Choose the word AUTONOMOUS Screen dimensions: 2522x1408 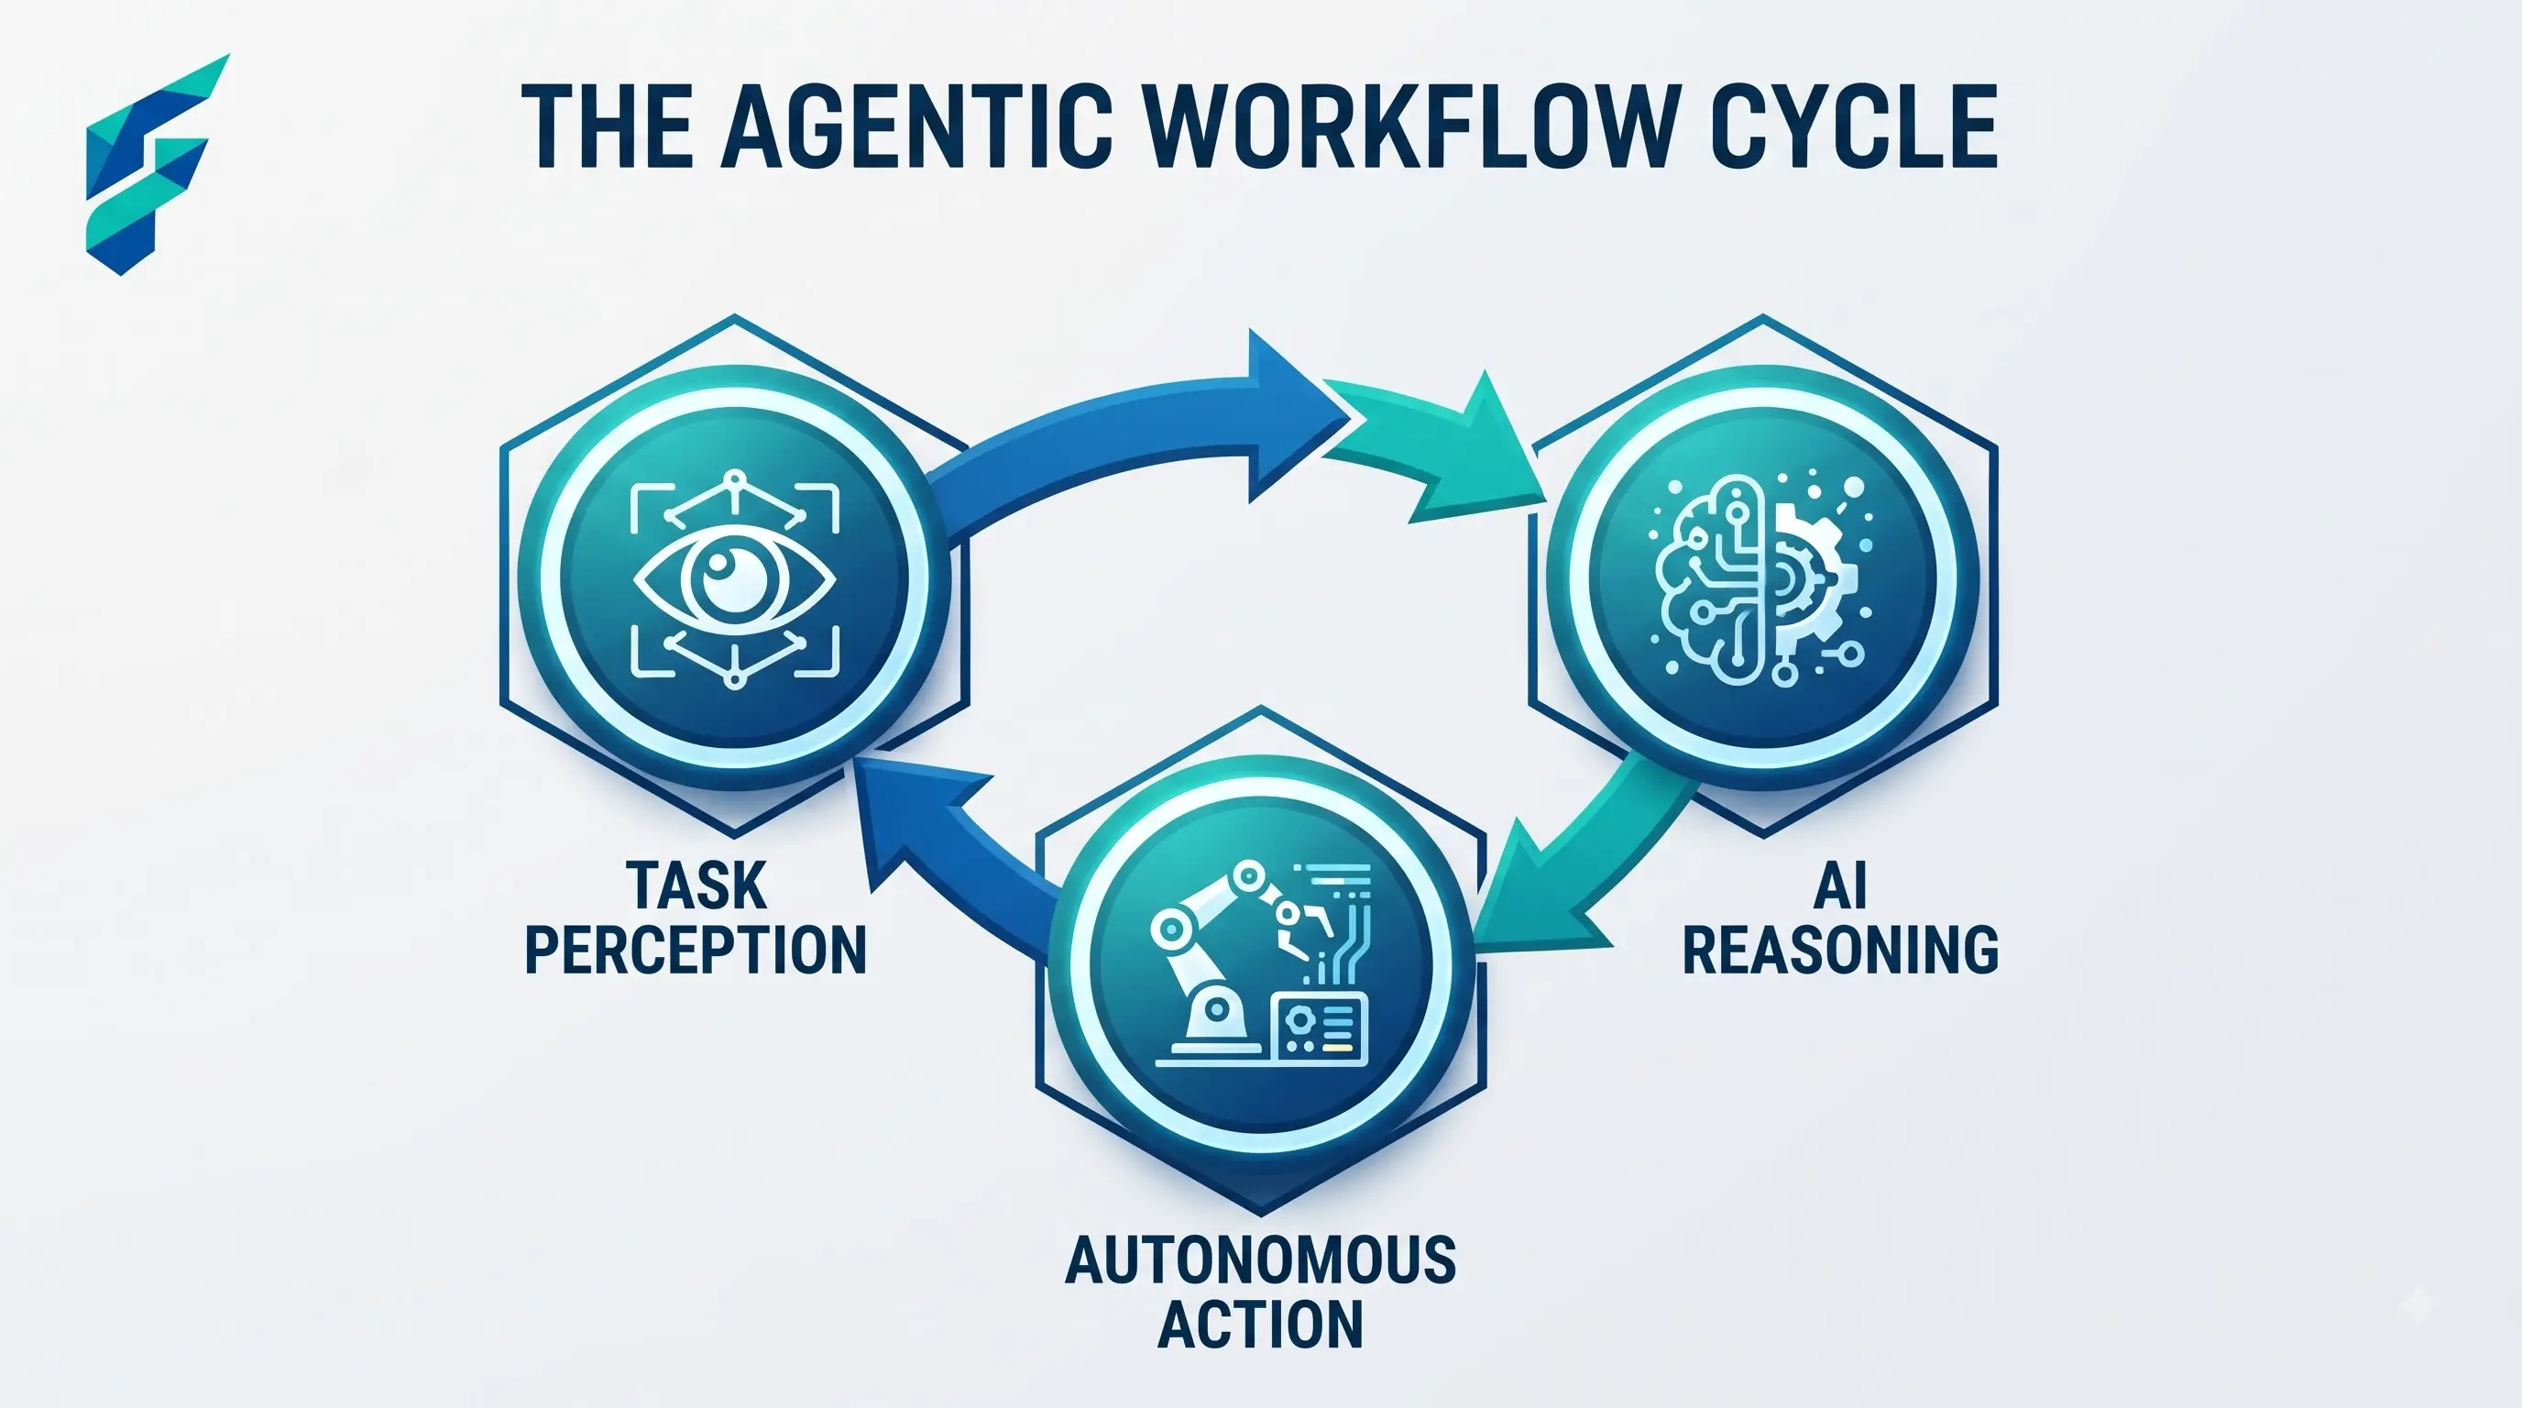click(1261, 1259)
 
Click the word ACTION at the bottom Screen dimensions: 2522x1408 click(1261, 1324)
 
